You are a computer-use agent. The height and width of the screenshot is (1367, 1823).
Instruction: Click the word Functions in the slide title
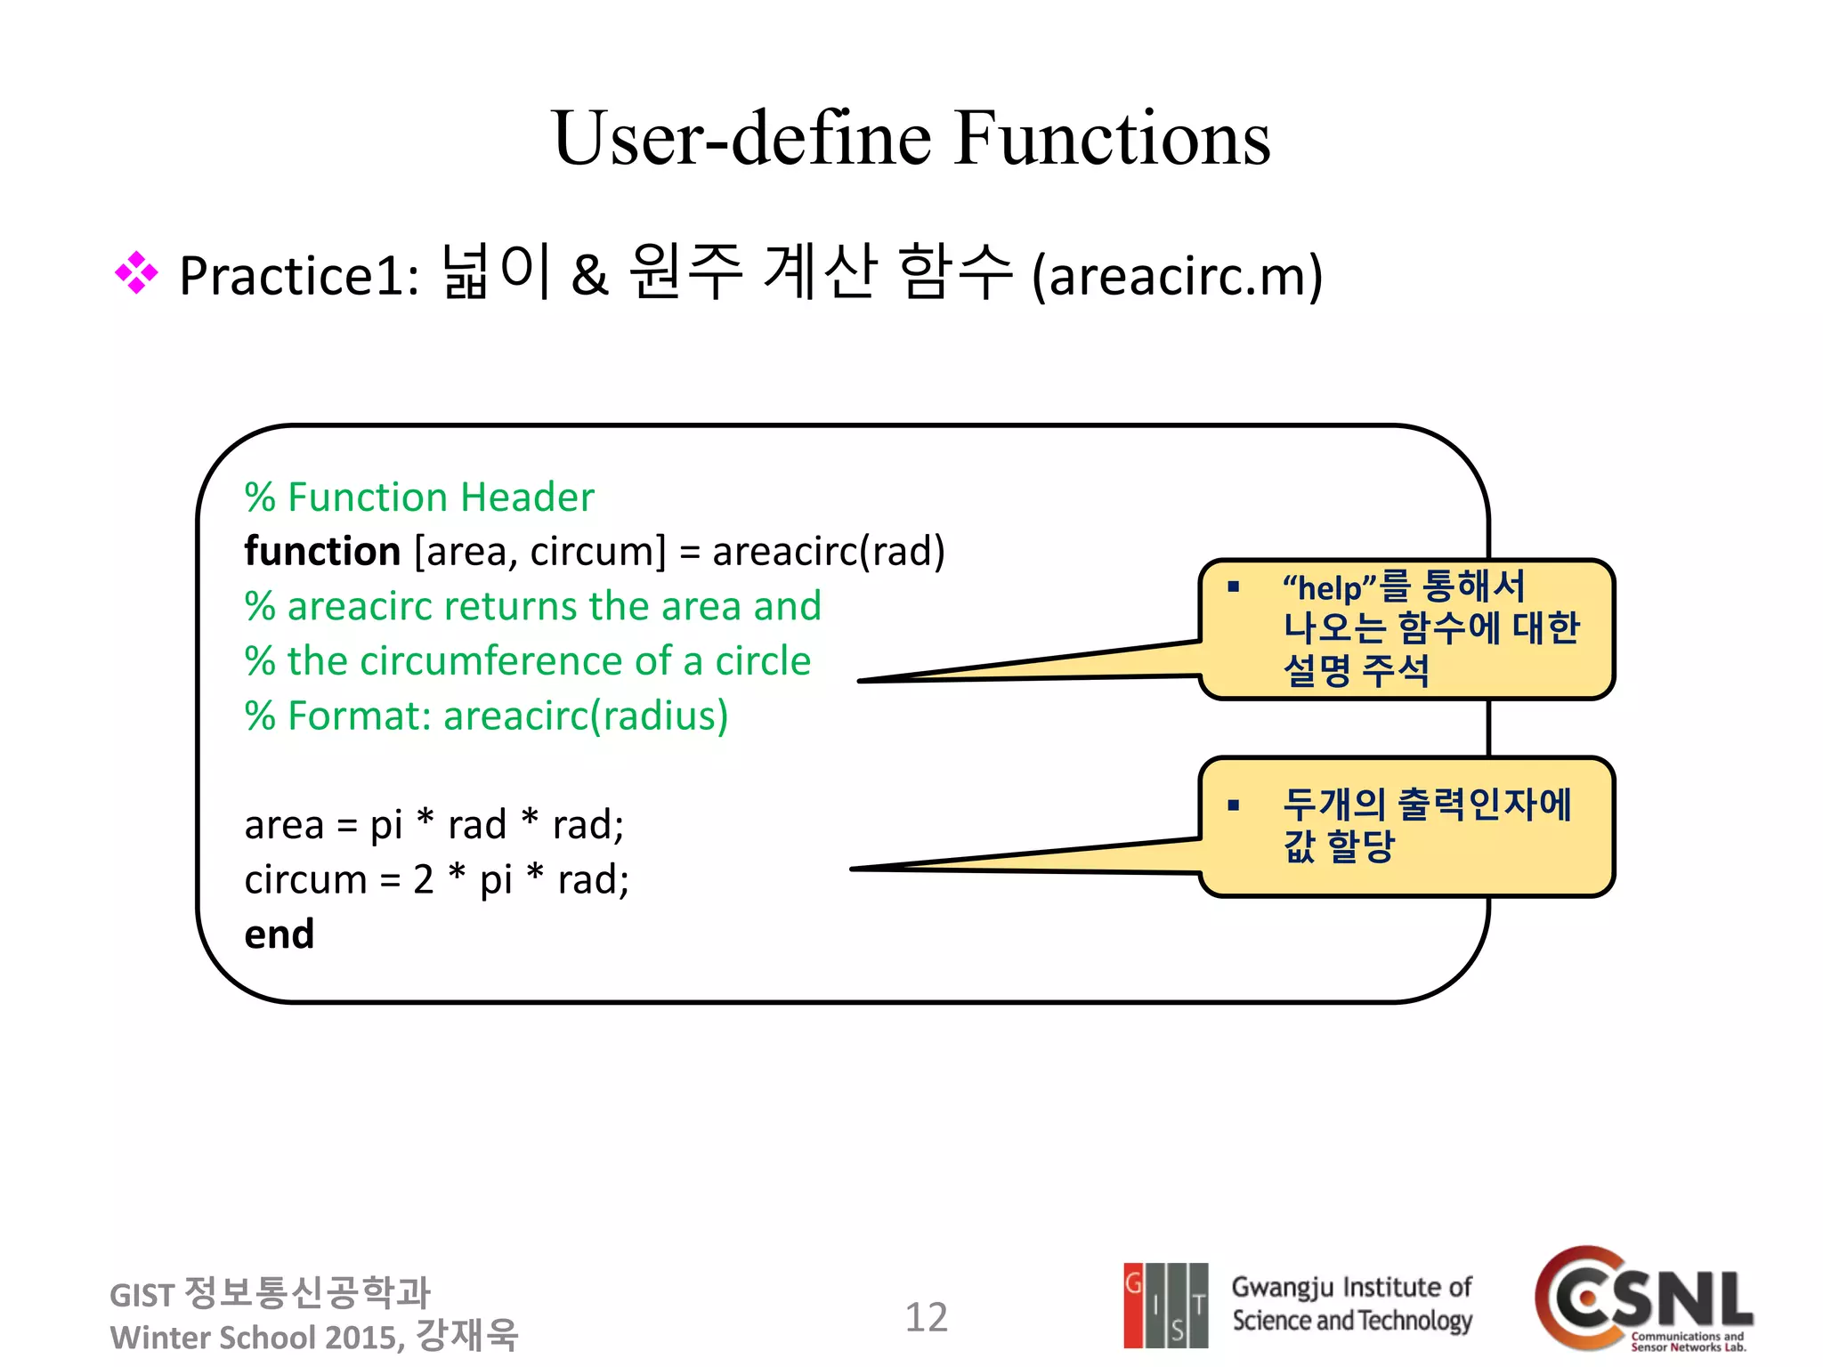coord(1112,139)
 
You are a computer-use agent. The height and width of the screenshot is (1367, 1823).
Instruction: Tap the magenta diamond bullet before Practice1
coord(136,273)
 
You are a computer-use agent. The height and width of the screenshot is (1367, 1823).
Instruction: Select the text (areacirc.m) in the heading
coord(1177,276)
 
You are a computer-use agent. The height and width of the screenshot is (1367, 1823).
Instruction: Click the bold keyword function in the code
coord(322,552)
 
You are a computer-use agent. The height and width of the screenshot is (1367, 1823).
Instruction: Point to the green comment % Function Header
coord(419,497)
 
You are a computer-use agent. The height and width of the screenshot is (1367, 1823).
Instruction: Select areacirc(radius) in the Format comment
coord(586,716)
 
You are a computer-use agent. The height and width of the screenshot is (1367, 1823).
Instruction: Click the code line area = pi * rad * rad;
coord(434,825)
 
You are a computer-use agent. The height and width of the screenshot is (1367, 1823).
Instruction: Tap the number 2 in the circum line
coord(423,880)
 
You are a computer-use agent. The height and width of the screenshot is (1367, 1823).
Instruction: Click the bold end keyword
coord(280,934)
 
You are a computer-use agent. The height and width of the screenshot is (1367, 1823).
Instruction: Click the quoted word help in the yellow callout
coord(1330,588)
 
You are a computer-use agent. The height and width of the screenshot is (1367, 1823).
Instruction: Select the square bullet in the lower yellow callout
coord(1233,806)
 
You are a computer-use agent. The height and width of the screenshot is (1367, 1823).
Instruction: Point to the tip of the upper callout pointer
coord(861,681)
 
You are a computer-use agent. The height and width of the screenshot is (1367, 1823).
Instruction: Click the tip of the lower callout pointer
coord(854,869)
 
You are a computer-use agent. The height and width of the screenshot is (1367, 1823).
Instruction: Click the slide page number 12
coord(926,1317)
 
